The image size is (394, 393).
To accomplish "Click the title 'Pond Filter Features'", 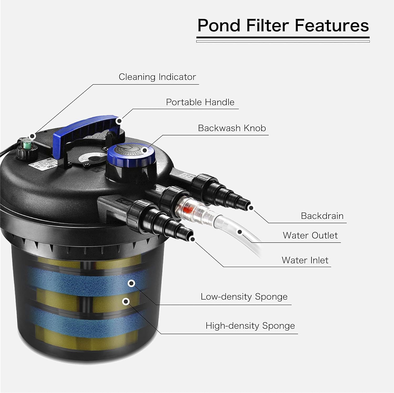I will [x=283, y=25].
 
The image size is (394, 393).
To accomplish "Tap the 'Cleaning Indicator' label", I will [x=157, y=77].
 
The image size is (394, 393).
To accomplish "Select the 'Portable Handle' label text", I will [x=200, y=102].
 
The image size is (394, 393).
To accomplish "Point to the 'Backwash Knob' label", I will [x=232, y=128].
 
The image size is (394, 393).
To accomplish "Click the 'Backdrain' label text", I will [x=322, y=216].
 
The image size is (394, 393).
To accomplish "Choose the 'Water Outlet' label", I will [x=310, y=235].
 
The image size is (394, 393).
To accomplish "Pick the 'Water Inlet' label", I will [x=305, y=260].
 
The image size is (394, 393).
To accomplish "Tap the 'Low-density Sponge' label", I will [x=244, y=296].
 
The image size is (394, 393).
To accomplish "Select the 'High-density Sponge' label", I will [x=250, y=326].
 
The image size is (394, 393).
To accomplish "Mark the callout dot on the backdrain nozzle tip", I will [x=251, y=208].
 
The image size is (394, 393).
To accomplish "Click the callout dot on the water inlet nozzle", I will [x=193, y=239].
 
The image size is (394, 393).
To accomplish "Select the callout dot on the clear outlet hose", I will [x=240, y=232].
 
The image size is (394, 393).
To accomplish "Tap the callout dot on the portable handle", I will [x=120, y=121].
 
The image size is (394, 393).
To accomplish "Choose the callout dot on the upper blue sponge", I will [x=131, y=283].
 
